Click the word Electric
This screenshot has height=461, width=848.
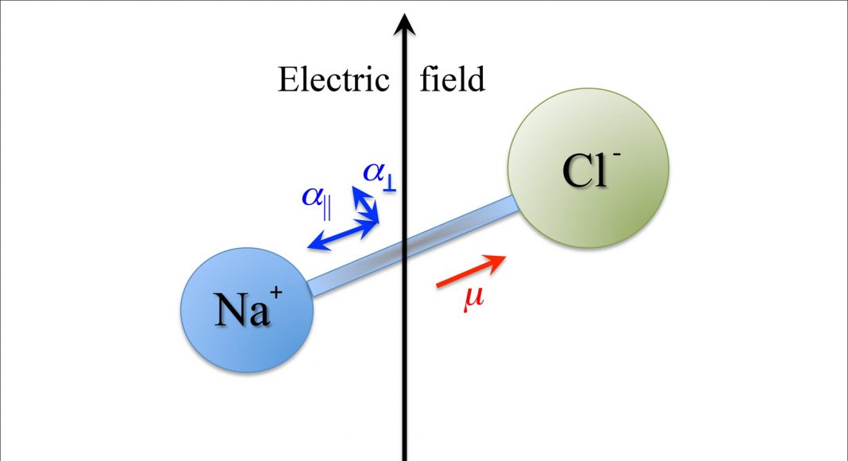pyautogui.click(x=333, y=80)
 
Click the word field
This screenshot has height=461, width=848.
pyautogui.click(x=452, y=80)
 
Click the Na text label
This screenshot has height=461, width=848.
pyautogui.click(x=237, y=312)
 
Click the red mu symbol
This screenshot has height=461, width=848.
pyautogui.click(x=474, y=301)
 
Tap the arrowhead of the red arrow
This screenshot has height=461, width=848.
pyautogui.click(x=498, y=260)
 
